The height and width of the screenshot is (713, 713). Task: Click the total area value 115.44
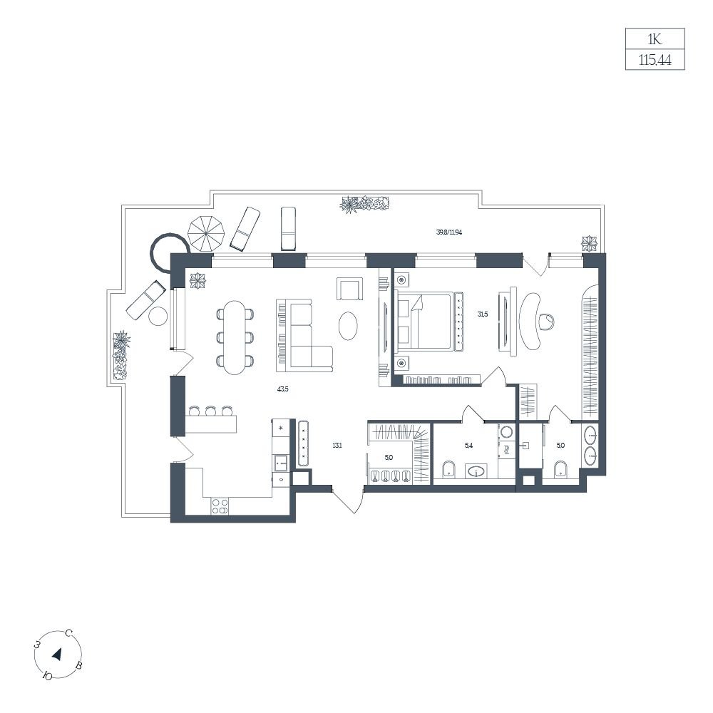point(655,60)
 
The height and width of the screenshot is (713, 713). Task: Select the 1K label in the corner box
point(655,39)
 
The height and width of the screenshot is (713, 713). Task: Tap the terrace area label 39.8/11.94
point(448,232)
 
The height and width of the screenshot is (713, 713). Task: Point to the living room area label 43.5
point(282,389)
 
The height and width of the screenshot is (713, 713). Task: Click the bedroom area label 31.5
point(483,314)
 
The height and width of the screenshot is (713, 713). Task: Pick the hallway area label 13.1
point(337,445)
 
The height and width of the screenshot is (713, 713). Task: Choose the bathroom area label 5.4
point(468,445)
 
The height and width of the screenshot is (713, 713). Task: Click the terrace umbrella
point(206,233)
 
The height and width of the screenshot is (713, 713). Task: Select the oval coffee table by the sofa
point(348,324)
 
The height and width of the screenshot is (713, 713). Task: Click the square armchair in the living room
point(350,289)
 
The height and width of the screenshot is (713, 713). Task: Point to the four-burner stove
point(220,506)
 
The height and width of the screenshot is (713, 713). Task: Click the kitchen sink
point(281,463)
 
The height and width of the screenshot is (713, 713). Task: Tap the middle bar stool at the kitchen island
point(210,411)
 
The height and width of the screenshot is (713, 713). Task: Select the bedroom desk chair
point(547,322)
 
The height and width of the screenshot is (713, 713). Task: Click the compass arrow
point(58,655)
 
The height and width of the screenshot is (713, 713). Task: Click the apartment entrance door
point(348,501)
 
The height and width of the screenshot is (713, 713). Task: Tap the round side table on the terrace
point(158,316)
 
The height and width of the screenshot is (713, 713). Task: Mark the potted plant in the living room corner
point(198,280)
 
